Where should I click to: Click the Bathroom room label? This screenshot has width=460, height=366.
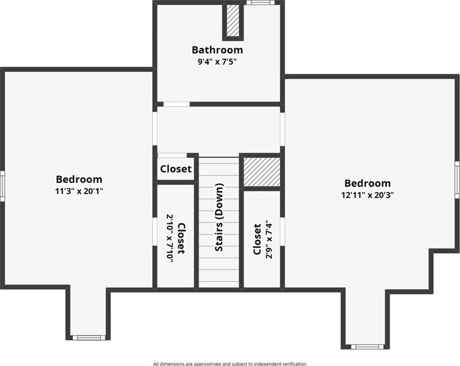[217, 50]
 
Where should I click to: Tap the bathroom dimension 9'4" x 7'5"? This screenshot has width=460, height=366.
[217, 62]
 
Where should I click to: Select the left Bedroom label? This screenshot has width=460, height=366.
[79, 179]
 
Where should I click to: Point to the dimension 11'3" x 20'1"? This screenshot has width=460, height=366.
[79, 191]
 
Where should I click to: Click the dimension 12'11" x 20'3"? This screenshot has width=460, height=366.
[367, 195]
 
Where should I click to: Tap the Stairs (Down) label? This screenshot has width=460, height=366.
[219, 218]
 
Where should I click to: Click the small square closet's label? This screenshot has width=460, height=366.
[176, 169]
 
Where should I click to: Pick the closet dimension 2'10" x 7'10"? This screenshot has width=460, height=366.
[170, 238]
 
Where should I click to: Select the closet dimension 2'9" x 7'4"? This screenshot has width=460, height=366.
[269, 240]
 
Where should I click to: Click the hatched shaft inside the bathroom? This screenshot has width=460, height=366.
[233, 21]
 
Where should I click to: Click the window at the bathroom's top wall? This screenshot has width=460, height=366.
[258, 2]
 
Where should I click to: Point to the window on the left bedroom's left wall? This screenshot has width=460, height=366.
[2, 186]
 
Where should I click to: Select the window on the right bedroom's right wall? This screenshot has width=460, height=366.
[457, 180]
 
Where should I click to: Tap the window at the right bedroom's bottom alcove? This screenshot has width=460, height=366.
[367, 347]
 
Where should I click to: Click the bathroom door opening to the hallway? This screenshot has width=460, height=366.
[176, 104]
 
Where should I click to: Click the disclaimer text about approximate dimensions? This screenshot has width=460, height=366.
[230, 364]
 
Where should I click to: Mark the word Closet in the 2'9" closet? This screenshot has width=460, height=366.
[257, 240]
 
